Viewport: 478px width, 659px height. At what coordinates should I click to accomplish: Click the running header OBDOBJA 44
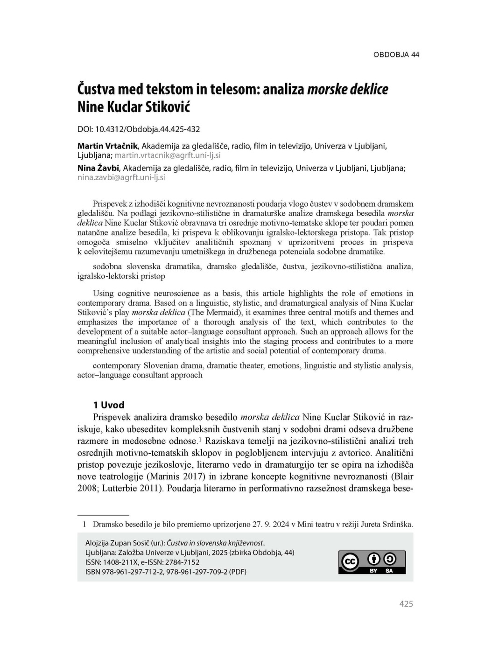click(x=396, y=55)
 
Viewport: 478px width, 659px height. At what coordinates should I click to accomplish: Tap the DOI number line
click(x=139, y=128)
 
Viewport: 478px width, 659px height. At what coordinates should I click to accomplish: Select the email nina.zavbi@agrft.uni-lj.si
click(x=121, y=177)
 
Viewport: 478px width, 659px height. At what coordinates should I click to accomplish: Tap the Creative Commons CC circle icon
click(x=350, y=562)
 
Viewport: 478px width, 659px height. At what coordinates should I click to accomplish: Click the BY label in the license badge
click(x=373, y=571)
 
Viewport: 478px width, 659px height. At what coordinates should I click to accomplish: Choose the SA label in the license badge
click(x=389, y=571)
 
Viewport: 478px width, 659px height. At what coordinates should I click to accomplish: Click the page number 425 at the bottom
click(x=406, y=604)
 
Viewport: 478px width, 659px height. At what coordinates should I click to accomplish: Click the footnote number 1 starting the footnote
click(x=84, y=524)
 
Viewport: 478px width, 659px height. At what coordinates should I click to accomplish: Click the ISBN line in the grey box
click(x=166, y=572)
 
